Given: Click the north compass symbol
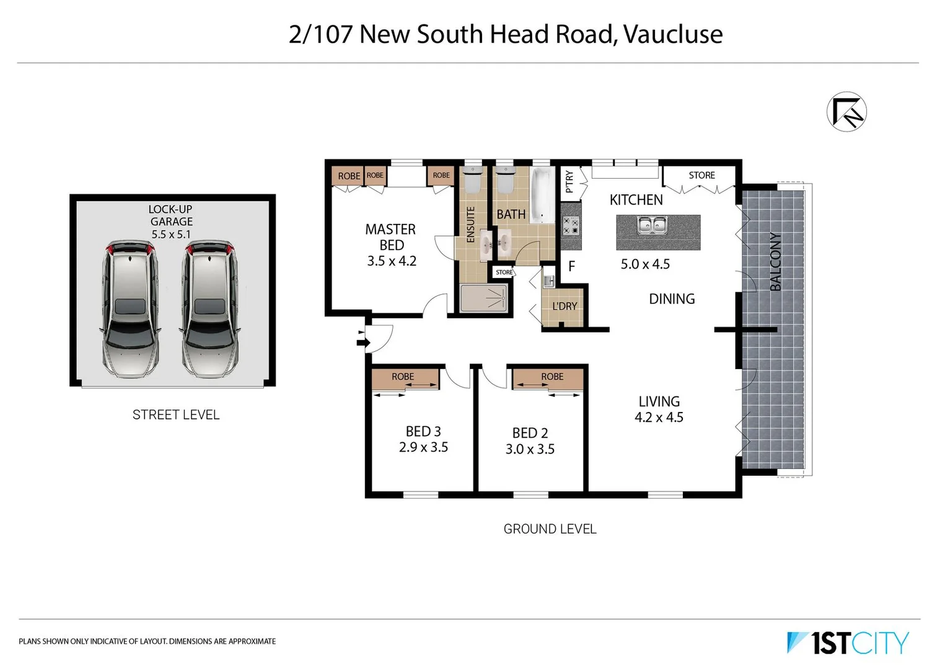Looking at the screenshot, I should pos(846,112).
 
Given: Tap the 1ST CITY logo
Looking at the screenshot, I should pos(847,643).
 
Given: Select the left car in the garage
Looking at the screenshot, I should pos(130,309).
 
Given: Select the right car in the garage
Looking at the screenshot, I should pos(209,309).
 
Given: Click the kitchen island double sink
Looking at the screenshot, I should pos(652,225).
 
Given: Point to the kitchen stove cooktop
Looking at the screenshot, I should pos(571,225).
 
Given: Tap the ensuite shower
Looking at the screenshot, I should pos(484,298).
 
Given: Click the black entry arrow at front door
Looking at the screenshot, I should pos(361,339).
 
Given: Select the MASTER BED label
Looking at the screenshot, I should pos(390,237).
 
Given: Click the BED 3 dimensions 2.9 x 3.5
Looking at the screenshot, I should pos(423,447).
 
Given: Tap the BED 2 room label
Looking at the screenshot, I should pos(530,433).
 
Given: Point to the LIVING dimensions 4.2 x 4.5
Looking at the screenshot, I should pos(659,418).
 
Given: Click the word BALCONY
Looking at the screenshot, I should pos(775,261).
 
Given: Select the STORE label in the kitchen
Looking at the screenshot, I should pos(701,176).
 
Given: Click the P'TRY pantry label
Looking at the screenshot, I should pos(569,182).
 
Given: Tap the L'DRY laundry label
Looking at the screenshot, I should pos(564,306).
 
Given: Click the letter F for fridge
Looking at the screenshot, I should pos(572,266).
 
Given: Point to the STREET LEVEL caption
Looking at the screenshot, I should pos(176,415).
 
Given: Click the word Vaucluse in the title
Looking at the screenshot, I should pos(673,34).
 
